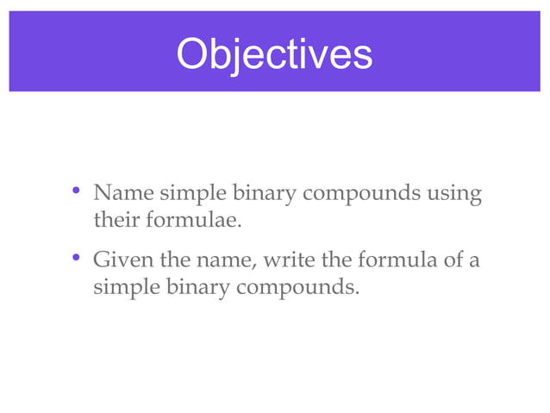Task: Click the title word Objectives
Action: [274, 53]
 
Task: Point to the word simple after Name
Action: [183, 194]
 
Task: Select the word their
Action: [114, 221]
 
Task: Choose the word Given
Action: [120, 259]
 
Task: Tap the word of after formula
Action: [452, 259]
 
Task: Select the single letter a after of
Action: [475, 260]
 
